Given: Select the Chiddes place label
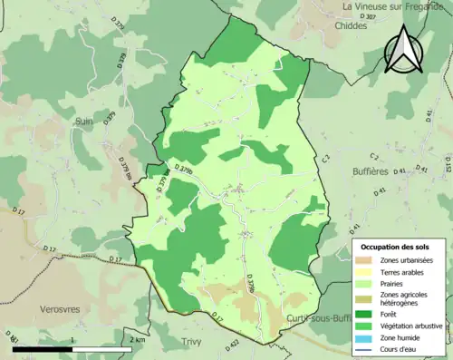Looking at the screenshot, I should [x=351, y=25].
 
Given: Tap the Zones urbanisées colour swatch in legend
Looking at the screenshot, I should [x=367, y=260].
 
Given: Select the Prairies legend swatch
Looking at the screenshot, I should [x=367, y=283].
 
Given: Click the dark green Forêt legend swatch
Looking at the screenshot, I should [x=367, y=315].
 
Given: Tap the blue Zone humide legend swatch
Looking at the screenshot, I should [x=367, y=337].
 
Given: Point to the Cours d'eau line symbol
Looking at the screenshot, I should [x=367, y=348].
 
